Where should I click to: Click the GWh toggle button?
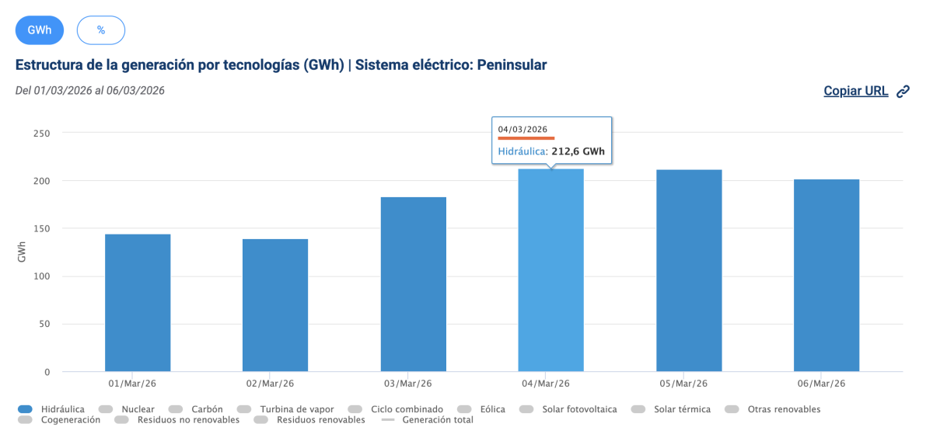pos(40,30)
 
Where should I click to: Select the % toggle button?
pos(101,30)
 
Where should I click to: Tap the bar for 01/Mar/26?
pos(138,303)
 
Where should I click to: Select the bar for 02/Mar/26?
pos(275,305)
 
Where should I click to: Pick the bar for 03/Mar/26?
pos(414,284)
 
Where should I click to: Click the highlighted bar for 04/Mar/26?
pos(551,270)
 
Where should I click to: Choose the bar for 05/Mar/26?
pos(689,270)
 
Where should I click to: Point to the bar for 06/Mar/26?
pos(826,276)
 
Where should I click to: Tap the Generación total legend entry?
pos(438,420)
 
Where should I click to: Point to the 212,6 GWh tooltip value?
pos(578,152)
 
